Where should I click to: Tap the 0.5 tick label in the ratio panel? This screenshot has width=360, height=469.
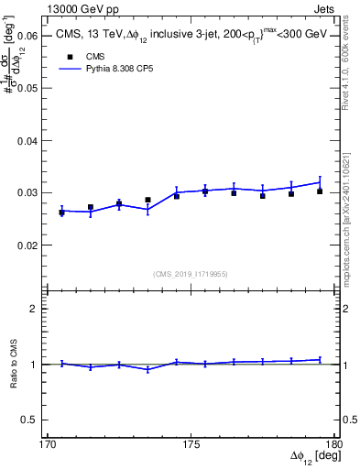tap(30, 420)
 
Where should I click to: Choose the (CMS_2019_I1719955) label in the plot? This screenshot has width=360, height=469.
tap(190, 273)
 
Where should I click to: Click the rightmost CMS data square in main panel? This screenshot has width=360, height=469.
tap(320, 191)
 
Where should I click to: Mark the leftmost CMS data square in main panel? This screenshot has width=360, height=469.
tap(62, 213)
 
